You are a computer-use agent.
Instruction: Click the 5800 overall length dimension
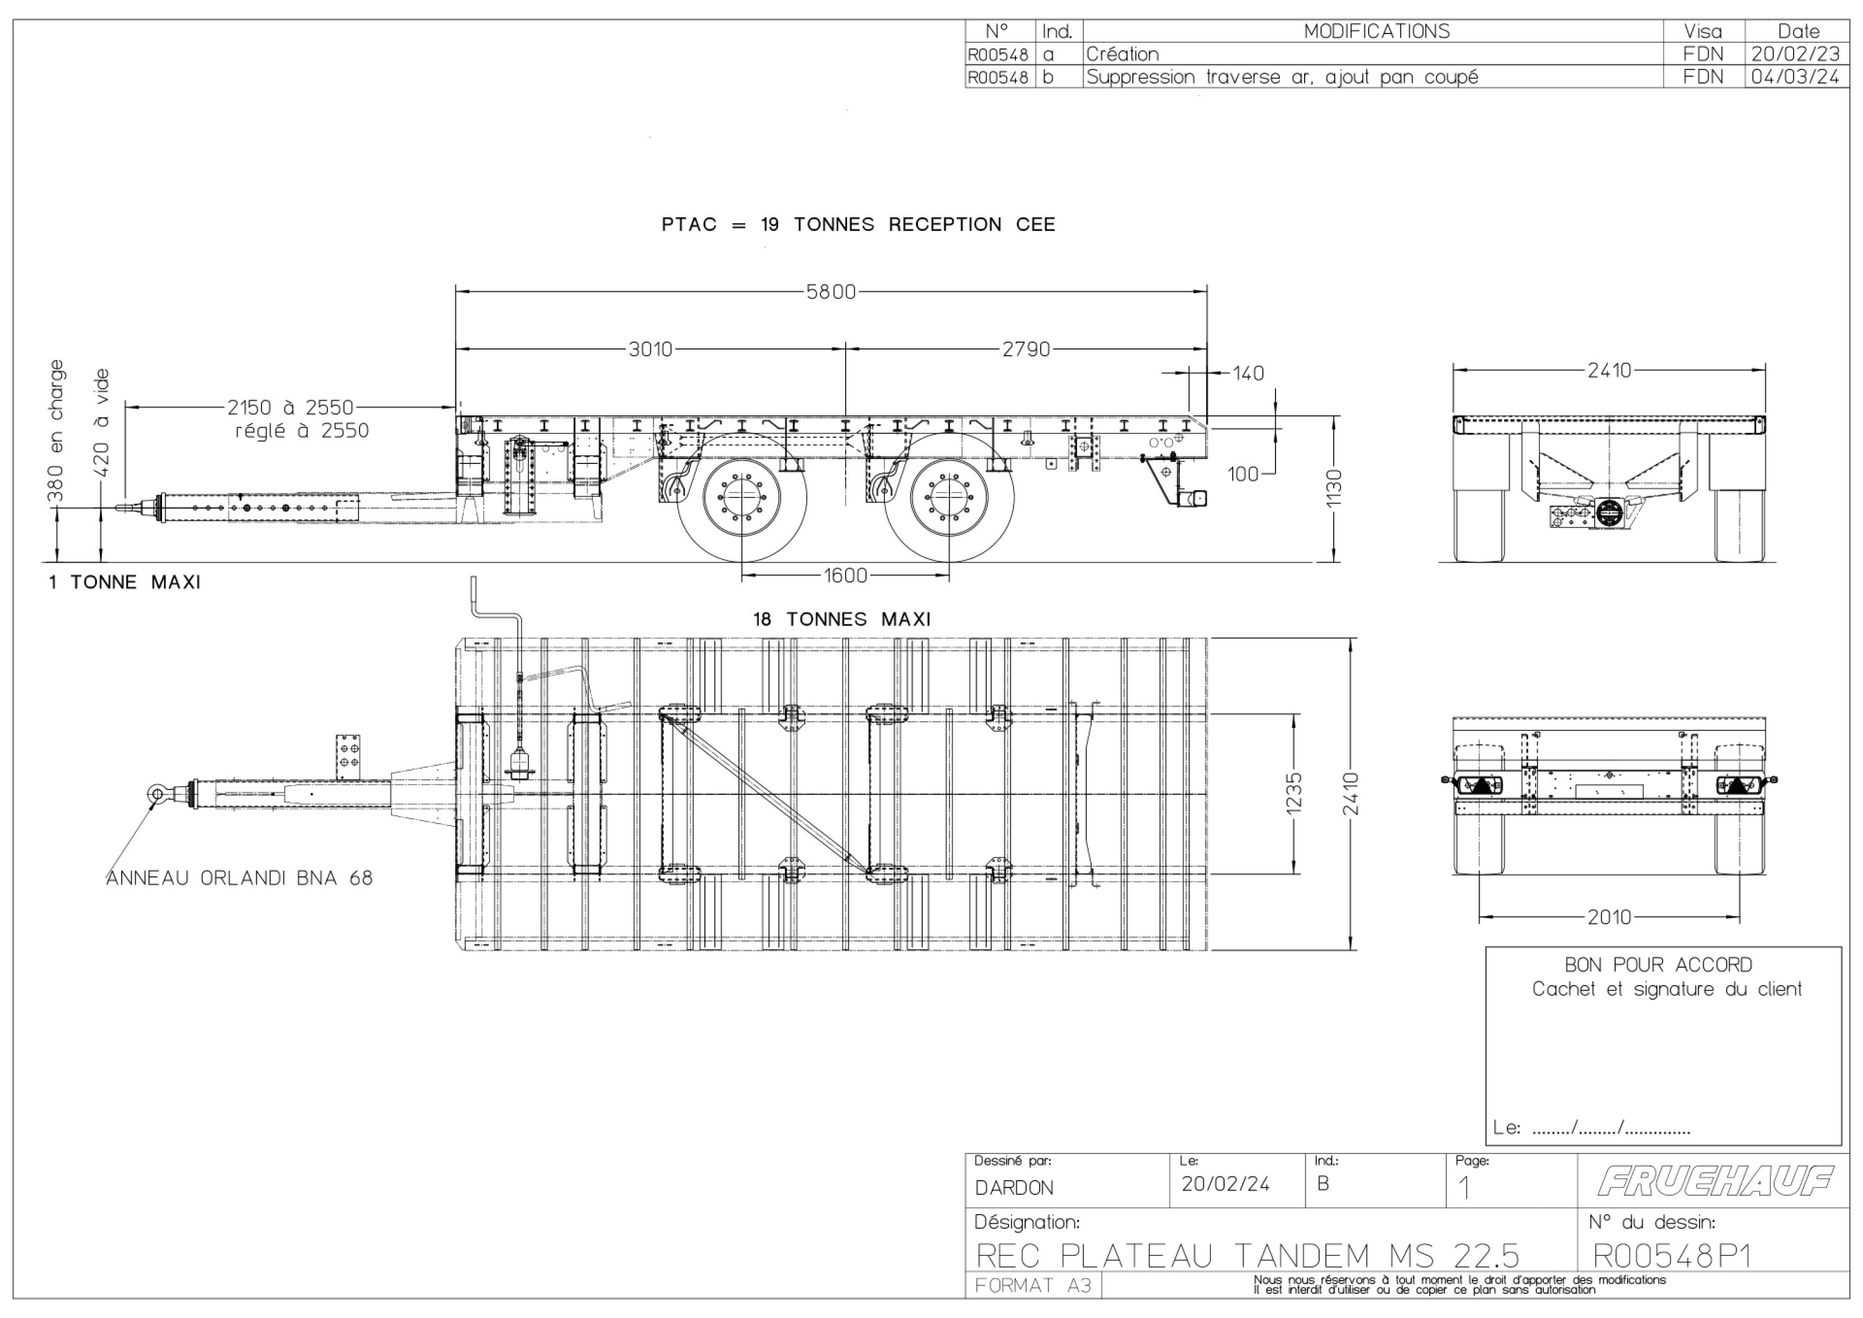coord(831,291)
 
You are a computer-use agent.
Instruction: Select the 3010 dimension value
coord(651,349)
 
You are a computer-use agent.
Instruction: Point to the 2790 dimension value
coord(1026,349)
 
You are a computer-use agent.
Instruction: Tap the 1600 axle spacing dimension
coord(845,575)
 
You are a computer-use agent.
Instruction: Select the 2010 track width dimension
coord(1609,917)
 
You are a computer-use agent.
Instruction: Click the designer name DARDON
coord(1014,1188)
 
